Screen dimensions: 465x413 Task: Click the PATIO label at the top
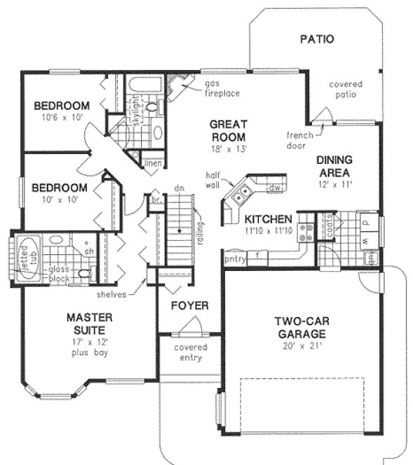click(x=317, y=39)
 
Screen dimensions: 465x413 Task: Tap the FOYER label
click(x=187, y=306)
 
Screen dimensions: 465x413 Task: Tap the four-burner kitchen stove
click(x=306, y=232)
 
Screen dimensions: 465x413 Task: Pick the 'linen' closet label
click(x=153, y=164)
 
